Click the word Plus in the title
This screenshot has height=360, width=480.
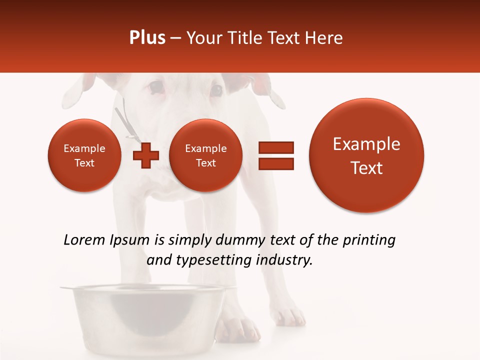point(147,38)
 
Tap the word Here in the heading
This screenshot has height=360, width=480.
point(324,38)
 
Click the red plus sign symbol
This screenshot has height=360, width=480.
point(145,155)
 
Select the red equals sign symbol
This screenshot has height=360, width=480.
point(275,155)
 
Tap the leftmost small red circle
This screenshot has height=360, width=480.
point(84,155)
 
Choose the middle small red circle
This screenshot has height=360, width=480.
point(205,155)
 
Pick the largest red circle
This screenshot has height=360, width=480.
point(366,155)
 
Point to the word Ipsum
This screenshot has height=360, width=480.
point(129,240)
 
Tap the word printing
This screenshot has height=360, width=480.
point(369,240)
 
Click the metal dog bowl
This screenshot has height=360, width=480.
point(142,315)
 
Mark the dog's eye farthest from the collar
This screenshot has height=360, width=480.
point(216,90)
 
